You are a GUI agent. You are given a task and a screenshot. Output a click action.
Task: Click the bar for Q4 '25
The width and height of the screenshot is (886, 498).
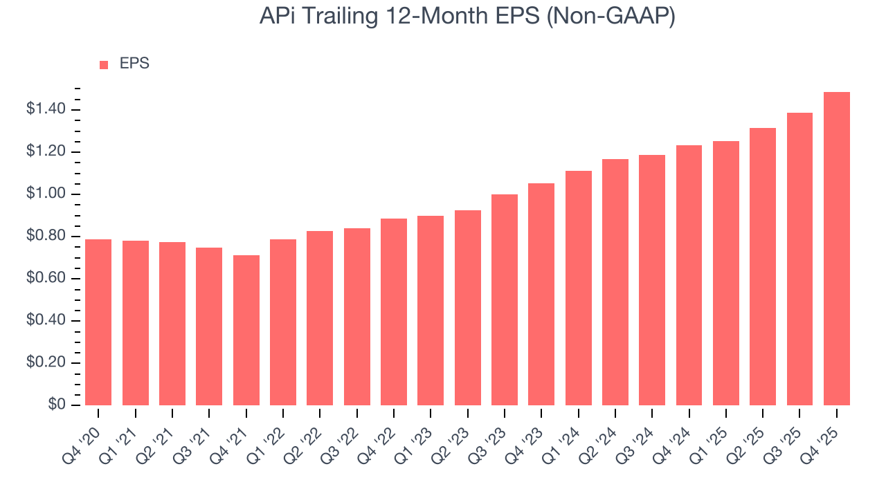tap(837, 249)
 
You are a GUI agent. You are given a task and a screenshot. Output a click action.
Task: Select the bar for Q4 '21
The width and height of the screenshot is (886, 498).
tap(246, 331)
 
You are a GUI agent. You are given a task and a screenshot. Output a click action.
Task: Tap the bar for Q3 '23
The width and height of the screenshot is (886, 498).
tap(505, 300)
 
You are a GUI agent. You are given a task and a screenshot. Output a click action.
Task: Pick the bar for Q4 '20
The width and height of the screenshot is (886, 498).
tap(98, 322)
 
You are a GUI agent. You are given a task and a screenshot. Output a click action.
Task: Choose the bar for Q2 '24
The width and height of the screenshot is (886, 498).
tap(615, 282)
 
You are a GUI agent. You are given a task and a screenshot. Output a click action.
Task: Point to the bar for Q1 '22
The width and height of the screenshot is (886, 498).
tap(283, 322)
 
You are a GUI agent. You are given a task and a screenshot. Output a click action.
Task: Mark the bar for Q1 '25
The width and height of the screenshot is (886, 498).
tap(726, 273)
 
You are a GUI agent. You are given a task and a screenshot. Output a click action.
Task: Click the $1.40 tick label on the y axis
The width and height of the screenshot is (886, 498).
tap(46, 109)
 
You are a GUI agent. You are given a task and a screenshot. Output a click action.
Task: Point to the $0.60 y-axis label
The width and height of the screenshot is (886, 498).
tap(46, 279)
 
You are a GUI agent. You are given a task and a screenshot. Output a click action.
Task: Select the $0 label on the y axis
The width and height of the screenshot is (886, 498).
tap(56, 405)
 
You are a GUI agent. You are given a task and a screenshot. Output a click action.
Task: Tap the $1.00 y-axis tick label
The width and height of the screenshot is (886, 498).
tap(46, 194)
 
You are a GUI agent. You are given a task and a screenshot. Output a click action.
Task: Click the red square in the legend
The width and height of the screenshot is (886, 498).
tap(104, 64)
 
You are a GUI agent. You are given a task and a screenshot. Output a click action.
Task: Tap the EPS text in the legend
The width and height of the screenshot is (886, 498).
tap(134, 64)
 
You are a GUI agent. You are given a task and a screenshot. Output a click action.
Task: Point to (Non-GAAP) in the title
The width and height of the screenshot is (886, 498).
tap(611, 17)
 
